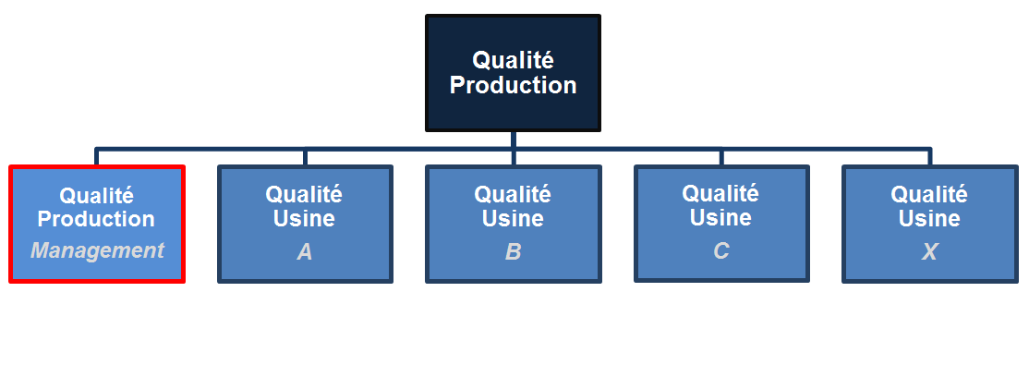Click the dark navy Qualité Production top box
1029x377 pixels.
513,72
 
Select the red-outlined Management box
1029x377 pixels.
97,224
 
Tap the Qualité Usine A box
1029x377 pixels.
305,224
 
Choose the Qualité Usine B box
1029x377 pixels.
513,224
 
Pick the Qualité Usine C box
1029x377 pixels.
720,224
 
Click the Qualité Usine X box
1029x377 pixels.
929,224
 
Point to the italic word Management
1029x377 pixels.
97,250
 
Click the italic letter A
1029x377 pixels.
305,251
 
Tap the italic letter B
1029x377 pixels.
513,251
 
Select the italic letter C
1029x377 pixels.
720,250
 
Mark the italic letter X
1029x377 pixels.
929,251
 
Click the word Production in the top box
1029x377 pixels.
513,86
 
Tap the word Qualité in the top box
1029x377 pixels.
513,60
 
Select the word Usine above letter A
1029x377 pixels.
305,219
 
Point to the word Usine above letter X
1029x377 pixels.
929,219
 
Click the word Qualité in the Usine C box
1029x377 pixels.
720,194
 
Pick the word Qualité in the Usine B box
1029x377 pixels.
513,195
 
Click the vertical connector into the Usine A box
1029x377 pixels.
305,156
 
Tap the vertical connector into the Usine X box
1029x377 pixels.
929,156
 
